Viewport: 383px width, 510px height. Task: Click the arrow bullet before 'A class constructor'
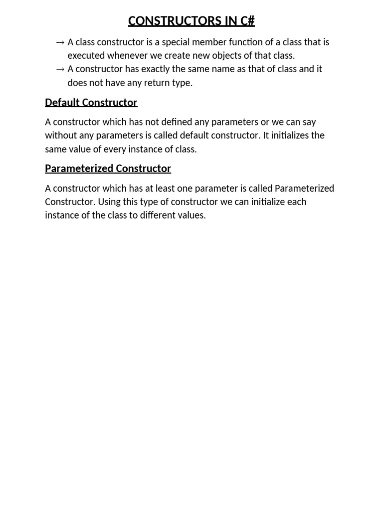(x=61, y=42)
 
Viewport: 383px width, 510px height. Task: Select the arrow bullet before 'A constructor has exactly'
(x=61, y=69)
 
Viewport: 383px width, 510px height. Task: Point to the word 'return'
(x=155, y=83)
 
